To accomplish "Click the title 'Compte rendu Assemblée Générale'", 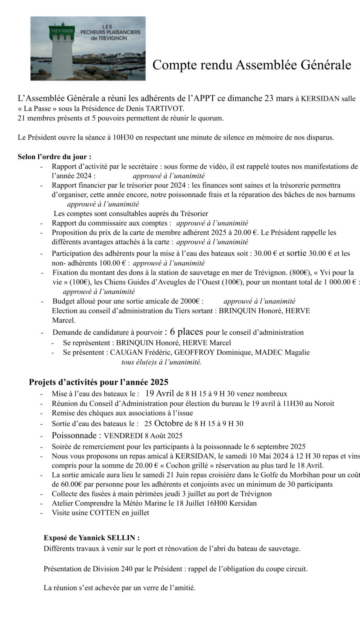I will (251, 65).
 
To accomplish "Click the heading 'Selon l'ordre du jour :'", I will (54, 157).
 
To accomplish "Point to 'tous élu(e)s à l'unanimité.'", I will (161, 362).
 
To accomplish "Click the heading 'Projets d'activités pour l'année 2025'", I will (99, 382).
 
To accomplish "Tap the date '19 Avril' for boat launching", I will (159, 393).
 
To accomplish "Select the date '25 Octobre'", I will (163, 424).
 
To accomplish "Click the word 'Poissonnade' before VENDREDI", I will (76, 435).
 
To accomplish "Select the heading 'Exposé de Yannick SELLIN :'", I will (92, 538).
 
